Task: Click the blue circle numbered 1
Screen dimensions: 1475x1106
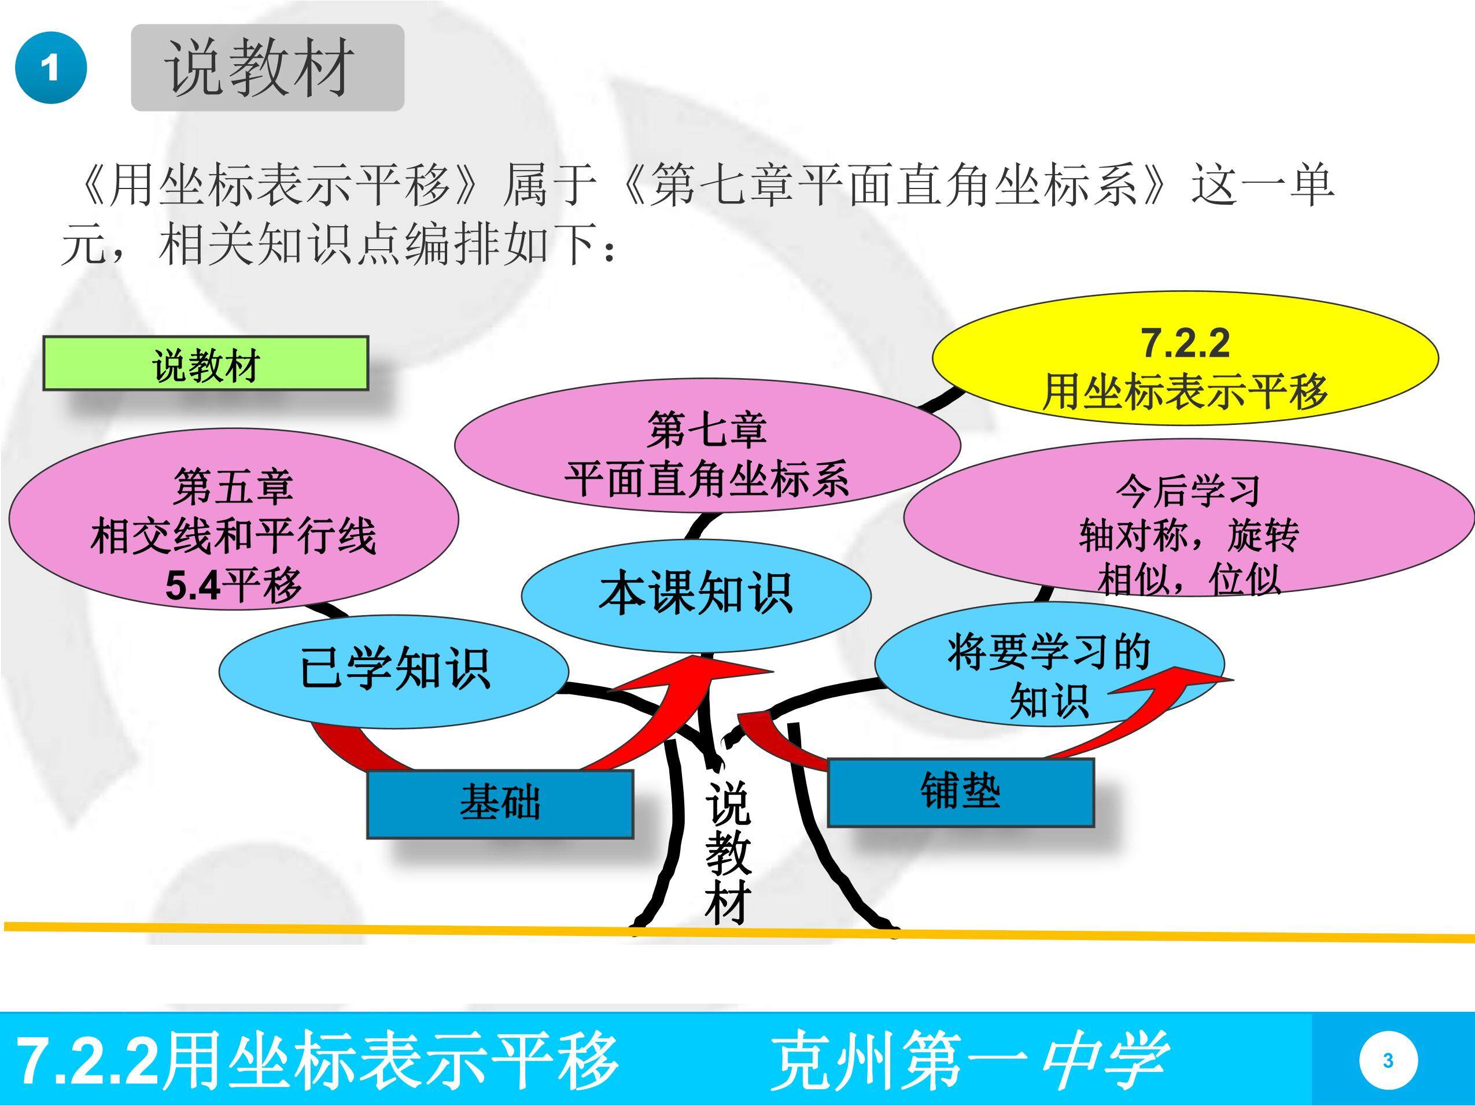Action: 51,68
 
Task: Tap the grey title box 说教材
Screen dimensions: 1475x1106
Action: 267,67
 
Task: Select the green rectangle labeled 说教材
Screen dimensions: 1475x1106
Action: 205,363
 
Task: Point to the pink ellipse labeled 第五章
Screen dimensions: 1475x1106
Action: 233,519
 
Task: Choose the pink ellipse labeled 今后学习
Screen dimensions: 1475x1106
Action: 1189,517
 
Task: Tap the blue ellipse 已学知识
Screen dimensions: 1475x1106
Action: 394,671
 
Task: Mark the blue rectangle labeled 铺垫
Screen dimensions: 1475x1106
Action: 961,792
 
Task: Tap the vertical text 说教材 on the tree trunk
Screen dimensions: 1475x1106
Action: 728,853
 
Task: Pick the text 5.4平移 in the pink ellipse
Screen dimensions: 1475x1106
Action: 233,585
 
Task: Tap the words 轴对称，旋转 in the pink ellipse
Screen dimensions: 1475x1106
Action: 1189,535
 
